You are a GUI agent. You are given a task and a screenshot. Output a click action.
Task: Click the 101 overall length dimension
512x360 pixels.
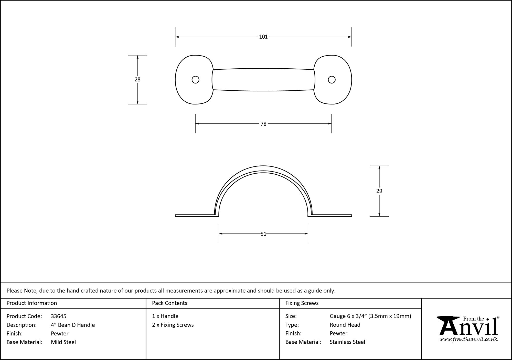tap(263, 37)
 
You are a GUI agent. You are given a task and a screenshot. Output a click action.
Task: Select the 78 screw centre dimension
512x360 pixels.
tap(263, 124)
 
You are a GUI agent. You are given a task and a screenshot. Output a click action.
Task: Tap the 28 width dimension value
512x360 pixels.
tap(137, 80)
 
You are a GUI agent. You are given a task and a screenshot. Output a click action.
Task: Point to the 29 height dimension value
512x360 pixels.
tap(379, 191)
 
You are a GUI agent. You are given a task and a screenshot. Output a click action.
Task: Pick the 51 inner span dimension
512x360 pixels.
tap(263, 234)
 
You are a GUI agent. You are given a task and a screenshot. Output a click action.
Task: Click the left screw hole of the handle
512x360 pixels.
tap(195, 80)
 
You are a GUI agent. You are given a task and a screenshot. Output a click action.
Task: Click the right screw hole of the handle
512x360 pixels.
tap(332, 80)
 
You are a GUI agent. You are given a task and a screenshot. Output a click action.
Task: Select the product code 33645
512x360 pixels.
tap(59, 316)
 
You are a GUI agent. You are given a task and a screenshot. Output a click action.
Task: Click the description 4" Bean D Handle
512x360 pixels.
tap(73, 325)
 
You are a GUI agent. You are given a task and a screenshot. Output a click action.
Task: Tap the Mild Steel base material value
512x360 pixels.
tap(63, 342)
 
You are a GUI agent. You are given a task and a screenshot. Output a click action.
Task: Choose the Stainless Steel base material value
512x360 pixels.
tap(347, 342)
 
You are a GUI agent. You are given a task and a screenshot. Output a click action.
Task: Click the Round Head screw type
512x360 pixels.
tap(345, 325)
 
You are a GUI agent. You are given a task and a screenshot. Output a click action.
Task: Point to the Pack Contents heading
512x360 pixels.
tap(169, 303)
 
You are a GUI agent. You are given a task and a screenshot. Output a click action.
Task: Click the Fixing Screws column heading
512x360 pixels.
tap(302, 303)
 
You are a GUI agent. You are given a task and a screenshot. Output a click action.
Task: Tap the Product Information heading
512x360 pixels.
tap(32, 303)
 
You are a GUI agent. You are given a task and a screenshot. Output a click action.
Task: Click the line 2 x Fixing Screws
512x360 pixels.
tap(173, 325)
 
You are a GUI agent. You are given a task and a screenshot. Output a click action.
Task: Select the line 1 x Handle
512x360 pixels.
tap(165, 316)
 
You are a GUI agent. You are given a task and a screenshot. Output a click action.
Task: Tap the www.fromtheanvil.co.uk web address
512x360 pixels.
tap(468, 340)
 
